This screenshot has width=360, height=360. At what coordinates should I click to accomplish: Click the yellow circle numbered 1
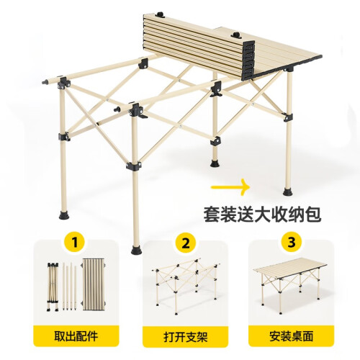click(75, 243)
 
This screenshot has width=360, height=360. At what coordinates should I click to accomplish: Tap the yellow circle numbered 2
click(186, 243)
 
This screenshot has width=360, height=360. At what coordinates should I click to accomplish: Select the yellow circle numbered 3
click(291, 243)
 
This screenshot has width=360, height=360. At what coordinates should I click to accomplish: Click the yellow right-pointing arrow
click(231, 187)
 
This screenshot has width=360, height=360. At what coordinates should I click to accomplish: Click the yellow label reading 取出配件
click(76, 336)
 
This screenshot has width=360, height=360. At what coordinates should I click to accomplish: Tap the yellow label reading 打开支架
click(186, 336)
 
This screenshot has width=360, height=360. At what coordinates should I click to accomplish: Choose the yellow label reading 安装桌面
click(291, 336)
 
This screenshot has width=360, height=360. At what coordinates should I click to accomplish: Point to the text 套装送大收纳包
click(262, 214)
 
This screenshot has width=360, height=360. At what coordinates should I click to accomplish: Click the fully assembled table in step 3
click(290, 284)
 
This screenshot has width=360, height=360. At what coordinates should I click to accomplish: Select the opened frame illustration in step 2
click(185, 286)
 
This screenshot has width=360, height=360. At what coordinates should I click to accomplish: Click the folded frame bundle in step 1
click(53, 287)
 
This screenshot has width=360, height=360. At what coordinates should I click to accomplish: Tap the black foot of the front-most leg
click(136, 249)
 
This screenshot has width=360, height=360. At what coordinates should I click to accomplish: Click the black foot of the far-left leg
click(64, 215)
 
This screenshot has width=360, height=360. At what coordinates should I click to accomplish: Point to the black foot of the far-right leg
click(288, 192)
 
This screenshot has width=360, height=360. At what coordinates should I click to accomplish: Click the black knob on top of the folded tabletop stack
click(160, 14)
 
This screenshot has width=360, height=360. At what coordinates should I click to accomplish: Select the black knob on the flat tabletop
click(236, 35)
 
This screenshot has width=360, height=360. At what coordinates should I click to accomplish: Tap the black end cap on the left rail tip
click(45, 82)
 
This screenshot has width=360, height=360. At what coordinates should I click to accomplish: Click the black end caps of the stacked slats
click(248, 58)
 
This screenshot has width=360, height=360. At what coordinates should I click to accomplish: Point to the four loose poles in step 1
click(70, 287)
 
